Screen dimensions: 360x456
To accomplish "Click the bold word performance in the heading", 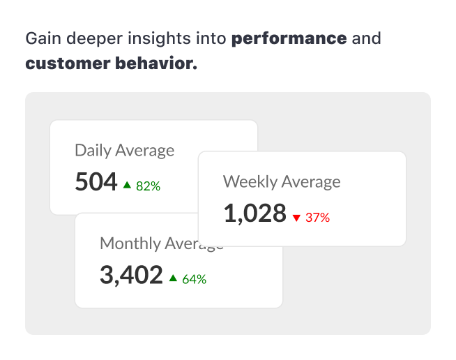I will tap(289, 38).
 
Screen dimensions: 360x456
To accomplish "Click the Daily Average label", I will tap(124, 150).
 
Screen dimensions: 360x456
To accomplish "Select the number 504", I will tap(96, 182).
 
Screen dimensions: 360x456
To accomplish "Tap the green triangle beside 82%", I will tap(127, 185).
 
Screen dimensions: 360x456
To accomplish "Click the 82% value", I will tap(148, 186).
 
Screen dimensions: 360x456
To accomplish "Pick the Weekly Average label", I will tap(282, 182).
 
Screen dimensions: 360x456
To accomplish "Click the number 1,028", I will tap(254, 213).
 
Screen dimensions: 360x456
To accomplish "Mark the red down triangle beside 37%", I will tap(296, 218).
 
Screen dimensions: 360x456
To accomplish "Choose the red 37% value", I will tap(317, 218).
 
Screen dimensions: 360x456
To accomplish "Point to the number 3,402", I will tap(131, 275).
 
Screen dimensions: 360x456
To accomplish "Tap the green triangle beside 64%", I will tap(173, 278).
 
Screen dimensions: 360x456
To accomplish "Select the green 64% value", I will tap(194, 279).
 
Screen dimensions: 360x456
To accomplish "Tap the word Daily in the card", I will tap(93, 150).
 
